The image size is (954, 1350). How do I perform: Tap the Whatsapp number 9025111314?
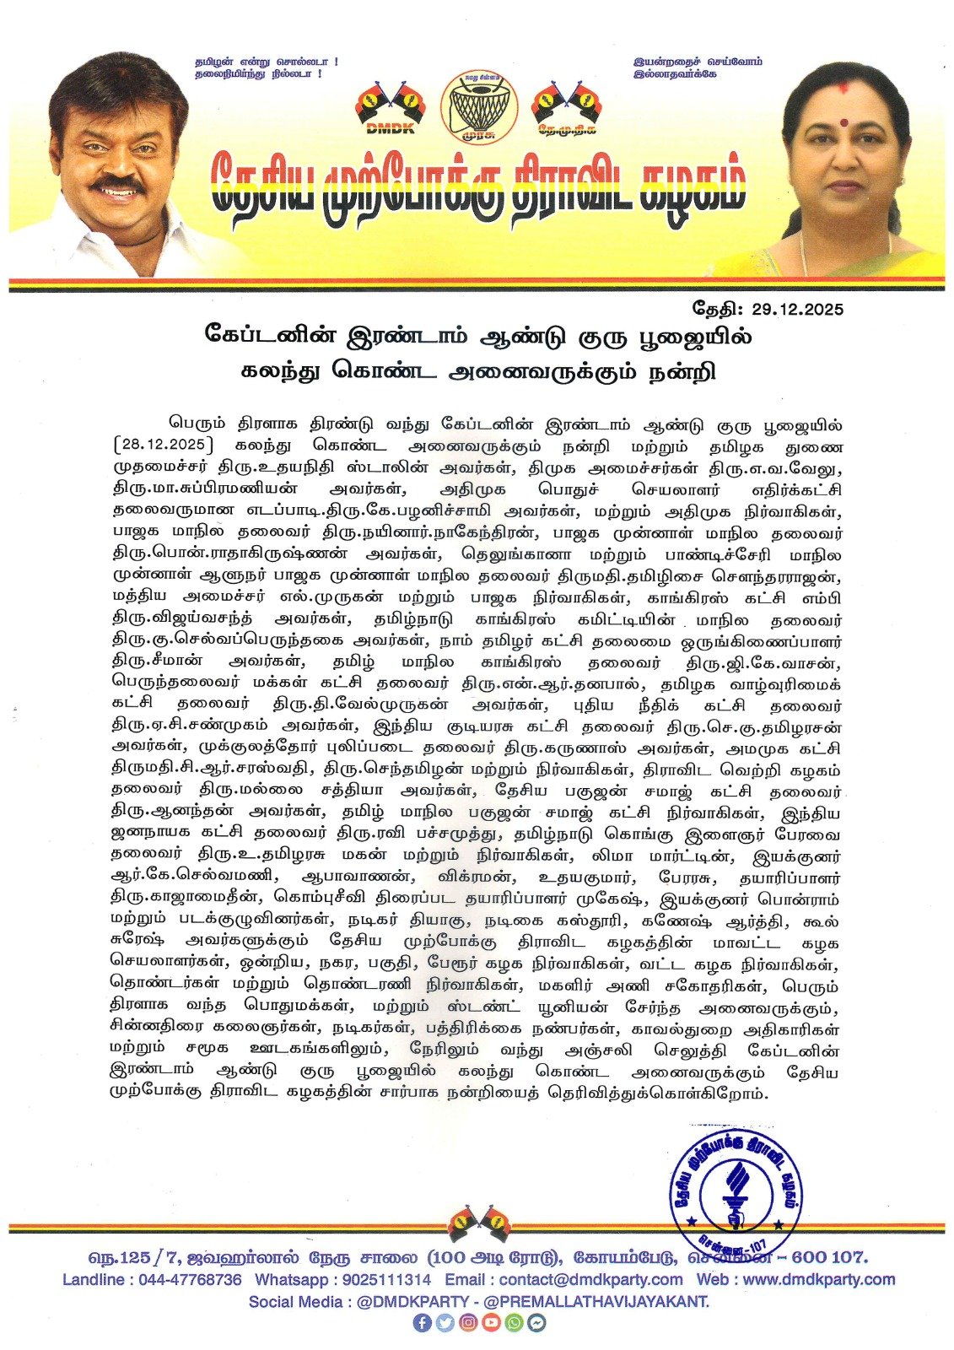tap(388, 1279)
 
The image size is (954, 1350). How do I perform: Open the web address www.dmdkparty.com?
tap(819, 1279)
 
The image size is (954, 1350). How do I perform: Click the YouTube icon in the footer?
tap(491, 1324)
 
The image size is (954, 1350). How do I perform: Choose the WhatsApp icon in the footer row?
tap(514, 1324)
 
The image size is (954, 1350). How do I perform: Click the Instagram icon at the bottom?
tap(467, 1324)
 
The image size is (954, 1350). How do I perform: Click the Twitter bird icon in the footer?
tap(445, 1324)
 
